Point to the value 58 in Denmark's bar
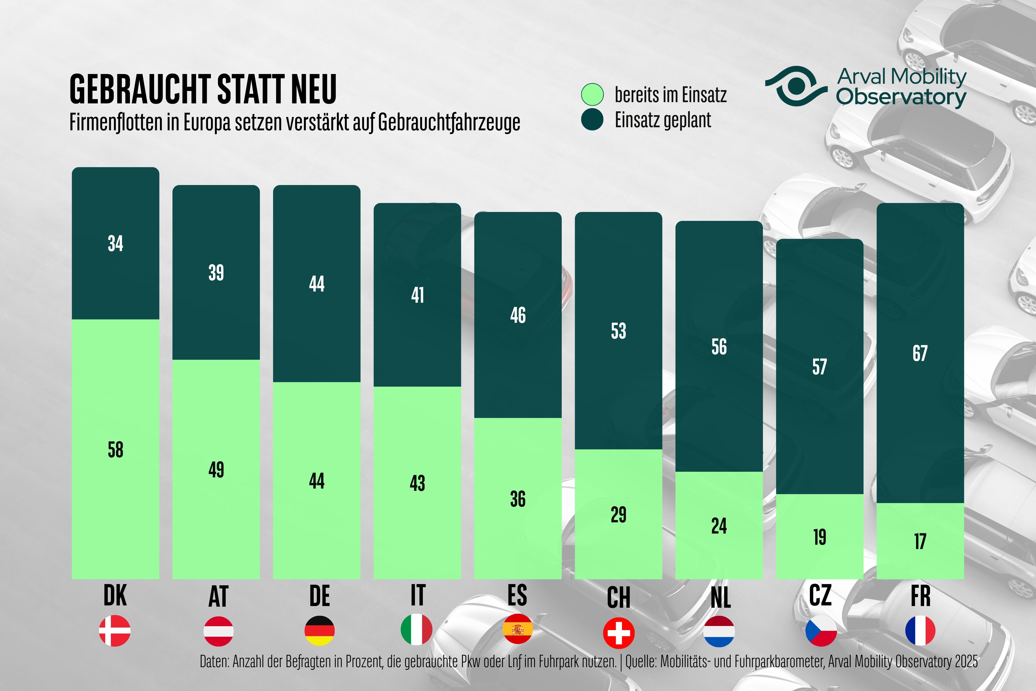coord(115,450)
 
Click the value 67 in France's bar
coord(920,353)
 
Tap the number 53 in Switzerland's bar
coord(618,331)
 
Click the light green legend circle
coord(592,94)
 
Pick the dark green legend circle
coord(592,119)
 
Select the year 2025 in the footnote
coord(966,661)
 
